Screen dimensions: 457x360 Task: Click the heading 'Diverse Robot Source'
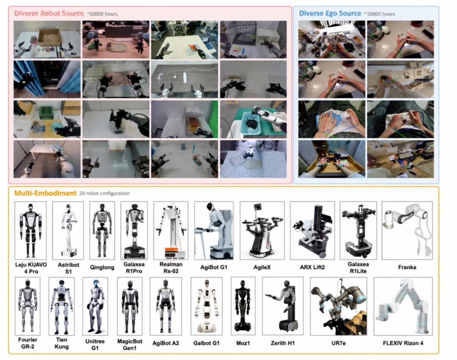click(x=49, y=14)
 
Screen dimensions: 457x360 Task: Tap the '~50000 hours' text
click(x=102, y=14)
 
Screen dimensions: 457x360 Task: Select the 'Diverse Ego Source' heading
click(x=330, y=14)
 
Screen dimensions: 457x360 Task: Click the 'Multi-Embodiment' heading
click(x=45, y=193)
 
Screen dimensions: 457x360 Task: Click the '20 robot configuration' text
click(x=105, y=193)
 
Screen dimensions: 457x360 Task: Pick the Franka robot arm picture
click(x=407, y=231)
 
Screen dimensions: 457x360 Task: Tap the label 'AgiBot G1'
click(x=214, y=267)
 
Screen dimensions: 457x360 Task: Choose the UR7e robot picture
click(x=339, y=306)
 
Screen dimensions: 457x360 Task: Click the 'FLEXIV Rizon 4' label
click(x=403, y=343)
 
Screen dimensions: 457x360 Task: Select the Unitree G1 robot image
click(x=95, y=306)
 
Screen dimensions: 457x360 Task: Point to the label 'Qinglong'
click(x=102, y=267)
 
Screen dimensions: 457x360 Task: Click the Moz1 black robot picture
click(x=243, y=306)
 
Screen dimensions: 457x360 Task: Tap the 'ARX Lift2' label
click(x=312, y=267)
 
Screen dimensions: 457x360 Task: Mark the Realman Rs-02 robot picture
click(x=171, y=231)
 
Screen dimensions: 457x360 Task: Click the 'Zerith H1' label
click(x=282, y=343)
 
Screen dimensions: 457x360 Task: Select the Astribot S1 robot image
click(x=68, y=231)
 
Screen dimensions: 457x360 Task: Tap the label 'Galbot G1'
click(x=206, y=343)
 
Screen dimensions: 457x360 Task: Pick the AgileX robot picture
click(x=262, y=231)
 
